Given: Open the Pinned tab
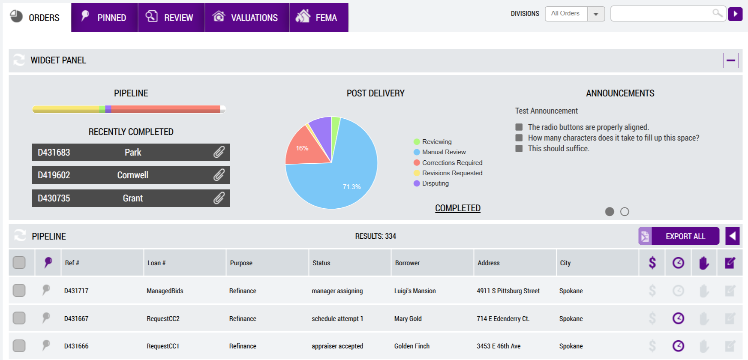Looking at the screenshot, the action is click(105, 17).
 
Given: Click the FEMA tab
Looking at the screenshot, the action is click(319, 17).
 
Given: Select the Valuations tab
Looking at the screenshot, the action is click(247, 17).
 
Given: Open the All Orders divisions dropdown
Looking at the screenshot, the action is click(575, 14).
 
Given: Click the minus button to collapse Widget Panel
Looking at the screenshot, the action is click(730, 60).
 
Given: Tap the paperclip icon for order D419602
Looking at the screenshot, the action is click(219, 175).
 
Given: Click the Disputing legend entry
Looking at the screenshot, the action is click(431, 183).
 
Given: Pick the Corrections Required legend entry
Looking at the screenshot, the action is click(448, 163).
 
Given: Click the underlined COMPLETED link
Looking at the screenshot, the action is click(458, 208).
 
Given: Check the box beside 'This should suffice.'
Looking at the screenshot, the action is click(519, 149).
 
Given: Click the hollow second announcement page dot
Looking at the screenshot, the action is click(625, 212).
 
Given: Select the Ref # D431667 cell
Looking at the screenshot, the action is click(76, 318).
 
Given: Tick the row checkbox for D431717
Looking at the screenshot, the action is click(19, 291).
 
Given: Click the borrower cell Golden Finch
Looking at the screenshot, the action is click(412, 346).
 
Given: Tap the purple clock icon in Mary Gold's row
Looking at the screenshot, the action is click(678, 318).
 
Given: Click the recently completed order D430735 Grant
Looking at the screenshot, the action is click(131, 198).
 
